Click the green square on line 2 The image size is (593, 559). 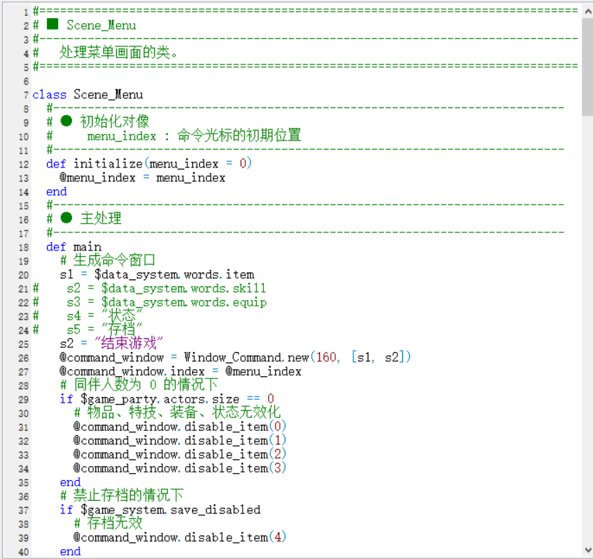click(x=53, y=25)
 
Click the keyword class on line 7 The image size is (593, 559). click(x=49, y=95)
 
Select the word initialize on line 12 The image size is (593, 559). click(x=108, y=163)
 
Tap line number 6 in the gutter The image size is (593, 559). click(x=26, y=82)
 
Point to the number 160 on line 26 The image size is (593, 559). click(x=326, y=357)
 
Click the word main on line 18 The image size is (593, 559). click(x=87, y=247)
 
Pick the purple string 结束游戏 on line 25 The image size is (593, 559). click(x=129, y=343)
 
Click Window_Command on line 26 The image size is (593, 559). click(x=232, y=357)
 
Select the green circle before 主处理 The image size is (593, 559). click(x=66, y=218)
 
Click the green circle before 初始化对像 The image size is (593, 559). click(x=66, y=121)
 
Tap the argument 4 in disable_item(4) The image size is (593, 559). click(x=278, y=537)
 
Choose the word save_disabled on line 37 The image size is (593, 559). click(x=216, y=510)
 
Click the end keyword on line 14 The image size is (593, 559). click(x=57, y=192)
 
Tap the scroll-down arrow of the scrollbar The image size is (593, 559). click(x=588, y=549)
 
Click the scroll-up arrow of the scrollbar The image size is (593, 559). click(x=588, y=11)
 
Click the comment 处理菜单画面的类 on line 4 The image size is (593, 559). click(x=115, y=52)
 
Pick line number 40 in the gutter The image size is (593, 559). click(x=23, y=552)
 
